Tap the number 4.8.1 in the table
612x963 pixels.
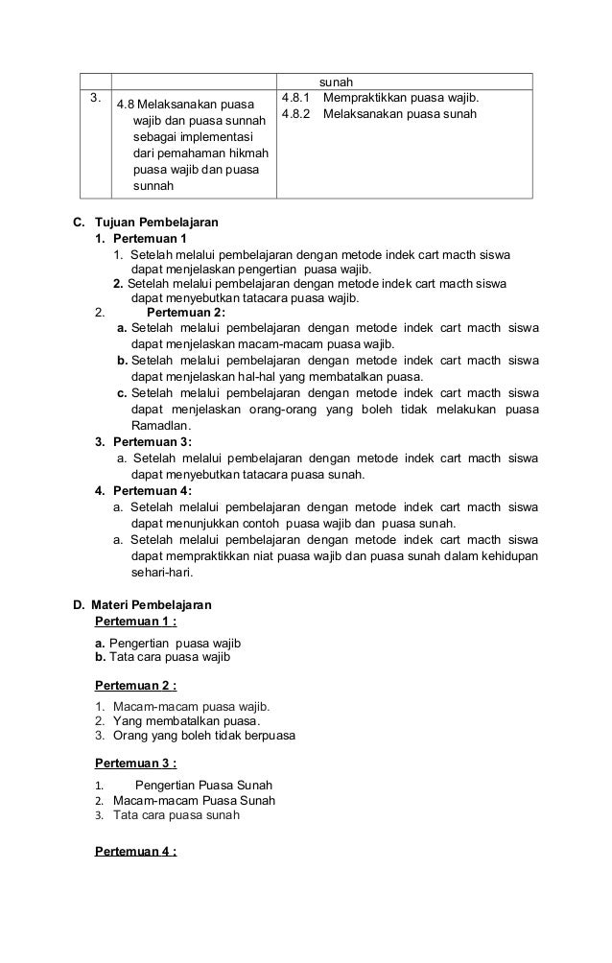299,99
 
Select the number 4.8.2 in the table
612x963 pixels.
299,115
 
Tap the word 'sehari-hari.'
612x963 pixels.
161,573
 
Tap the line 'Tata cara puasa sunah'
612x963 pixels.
177,815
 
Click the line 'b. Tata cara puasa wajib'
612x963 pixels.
163,657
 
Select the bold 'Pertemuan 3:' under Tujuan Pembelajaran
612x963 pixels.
152,442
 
